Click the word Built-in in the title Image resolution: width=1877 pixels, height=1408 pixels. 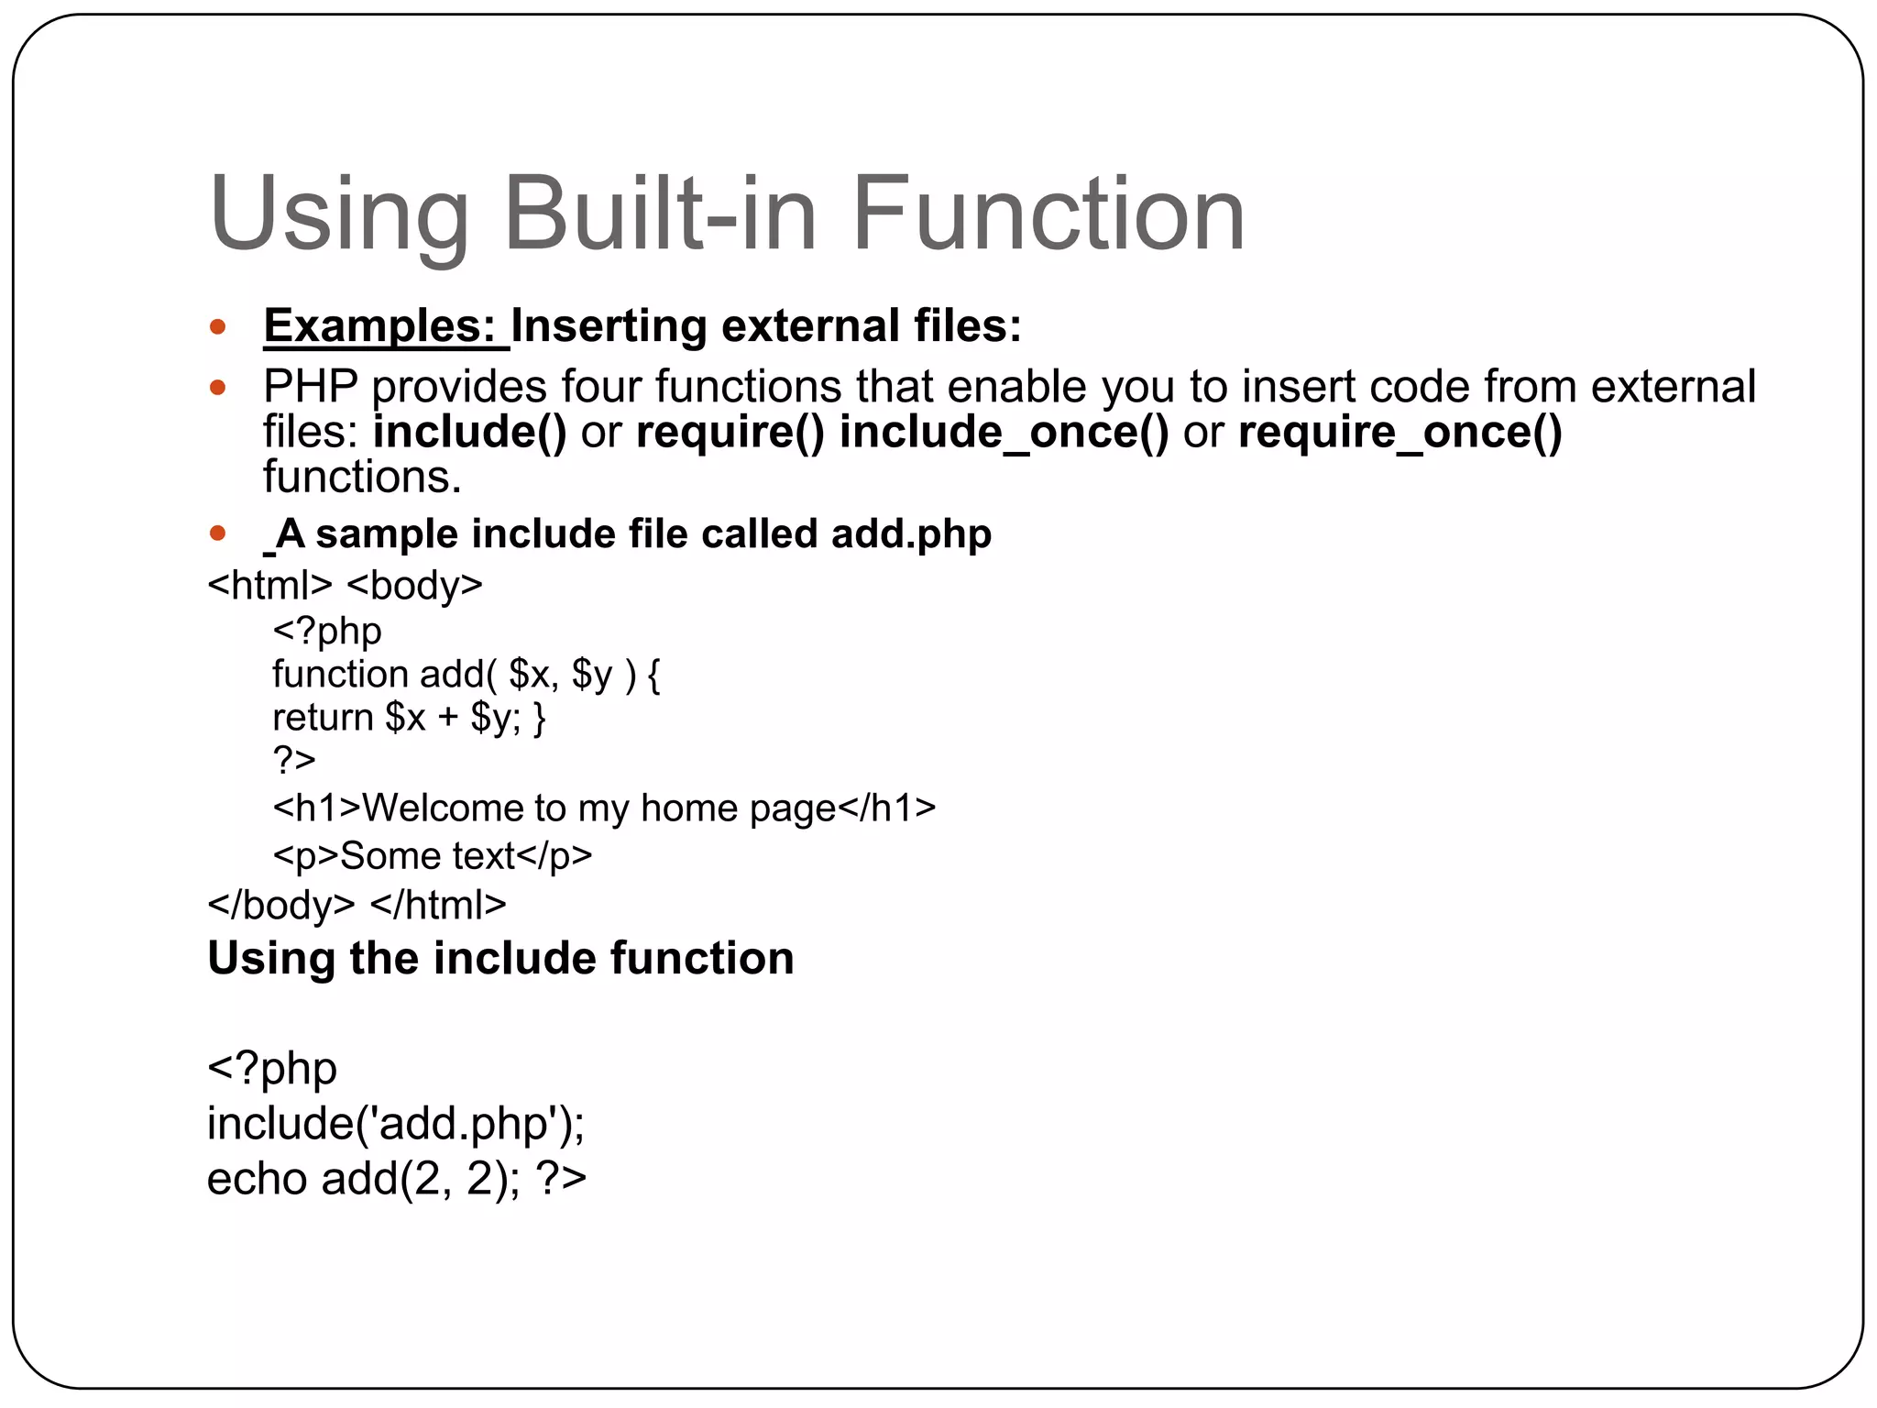click(660, 214)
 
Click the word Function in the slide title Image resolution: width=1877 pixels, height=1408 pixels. click(1048, 214)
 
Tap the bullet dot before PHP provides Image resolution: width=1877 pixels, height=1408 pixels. click(217, 388)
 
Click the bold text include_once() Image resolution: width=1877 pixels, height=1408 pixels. click(1004, 432)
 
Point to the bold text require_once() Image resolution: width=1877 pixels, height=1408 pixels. click(1400, 432)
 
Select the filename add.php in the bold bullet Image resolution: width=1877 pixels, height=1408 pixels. click(911, 533)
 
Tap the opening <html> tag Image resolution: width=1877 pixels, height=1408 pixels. click(269, 585)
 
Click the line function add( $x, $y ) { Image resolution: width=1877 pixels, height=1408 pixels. click(466, 675)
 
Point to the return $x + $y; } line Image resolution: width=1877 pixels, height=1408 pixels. click(409, 718)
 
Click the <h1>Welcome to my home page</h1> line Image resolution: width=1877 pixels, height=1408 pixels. click(604, 808)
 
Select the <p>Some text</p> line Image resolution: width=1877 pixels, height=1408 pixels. click(433, 856)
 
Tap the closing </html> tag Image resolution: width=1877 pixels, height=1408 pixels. click(438, 906)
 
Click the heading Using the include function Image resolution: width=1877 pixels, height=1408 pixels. click(500, 959)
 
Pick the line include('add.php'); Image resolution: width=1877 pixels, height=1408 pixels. click(396, 1124)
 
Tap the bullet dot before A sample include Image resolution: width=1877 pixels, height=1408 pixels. click(217, 533)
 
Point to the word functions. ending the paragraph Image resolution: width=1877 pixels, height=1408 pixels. click(362, 478)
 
